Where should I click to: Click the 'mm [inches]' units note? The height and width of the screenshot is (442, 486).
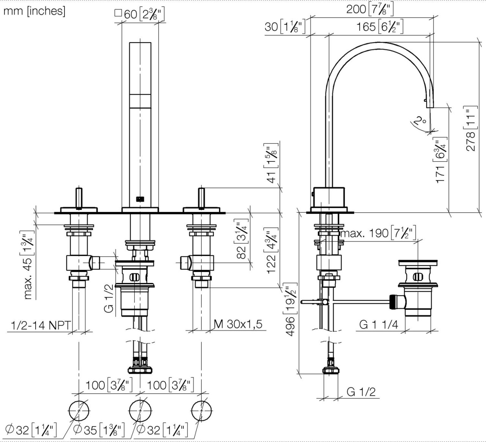(34, 11)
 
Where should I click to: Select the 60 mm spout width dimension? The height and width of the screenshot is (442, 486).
(140, 14)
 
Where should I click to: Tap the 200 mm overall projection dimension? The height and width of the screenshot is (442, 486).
(370, 9)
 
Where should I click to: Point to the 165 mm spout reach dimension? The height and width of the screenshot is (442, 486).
(380, 27)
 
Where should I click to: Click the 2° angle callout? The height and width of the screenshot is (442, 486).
(420, 121)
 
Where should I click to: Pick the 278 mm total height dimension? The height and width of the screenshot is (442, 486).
(471, 129)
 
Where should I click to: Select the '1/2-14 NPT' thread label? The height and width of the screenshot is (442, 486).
(41, 325)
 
